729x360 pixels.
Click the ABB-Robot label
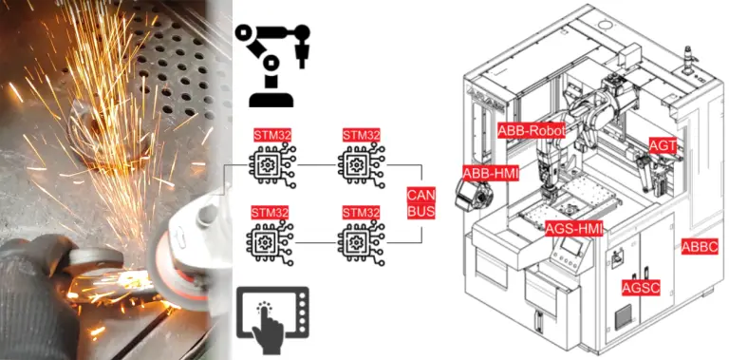tap(532, 130)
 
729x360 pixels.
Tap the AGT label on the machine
tap(662, 144)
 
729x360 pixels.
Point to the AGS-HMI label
tap(574, 228)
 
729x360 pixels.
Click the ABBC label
tap(700, 246)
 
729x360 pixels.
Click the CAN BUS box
tap(421, 203)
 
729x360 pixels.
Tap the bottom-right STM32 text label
tap(360, 212)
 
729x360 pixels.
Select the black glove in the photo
tap(38, 275)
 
